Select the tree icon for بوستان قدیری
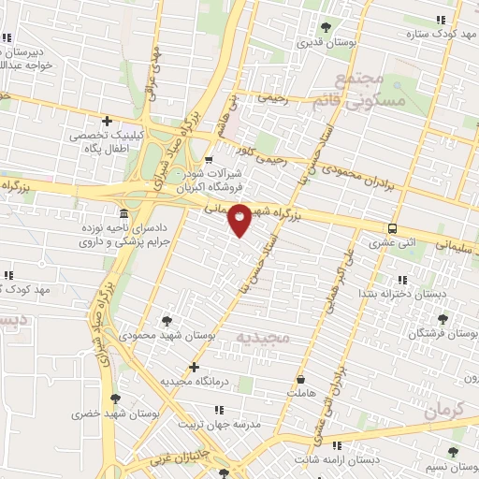click(x=326, y=27)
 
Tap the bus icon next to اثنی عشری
click(x=391, y=228)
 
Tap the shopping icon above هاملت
click(x=301, y=380)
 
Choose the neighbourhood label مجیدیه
click(x=263, y=336)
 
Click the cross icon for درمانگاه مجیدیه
click(x=194, y=367)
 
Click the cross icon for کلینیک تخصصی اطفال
click(x=108, y=121)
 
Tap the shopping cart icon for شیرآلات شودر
click(x=209, y=159)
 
